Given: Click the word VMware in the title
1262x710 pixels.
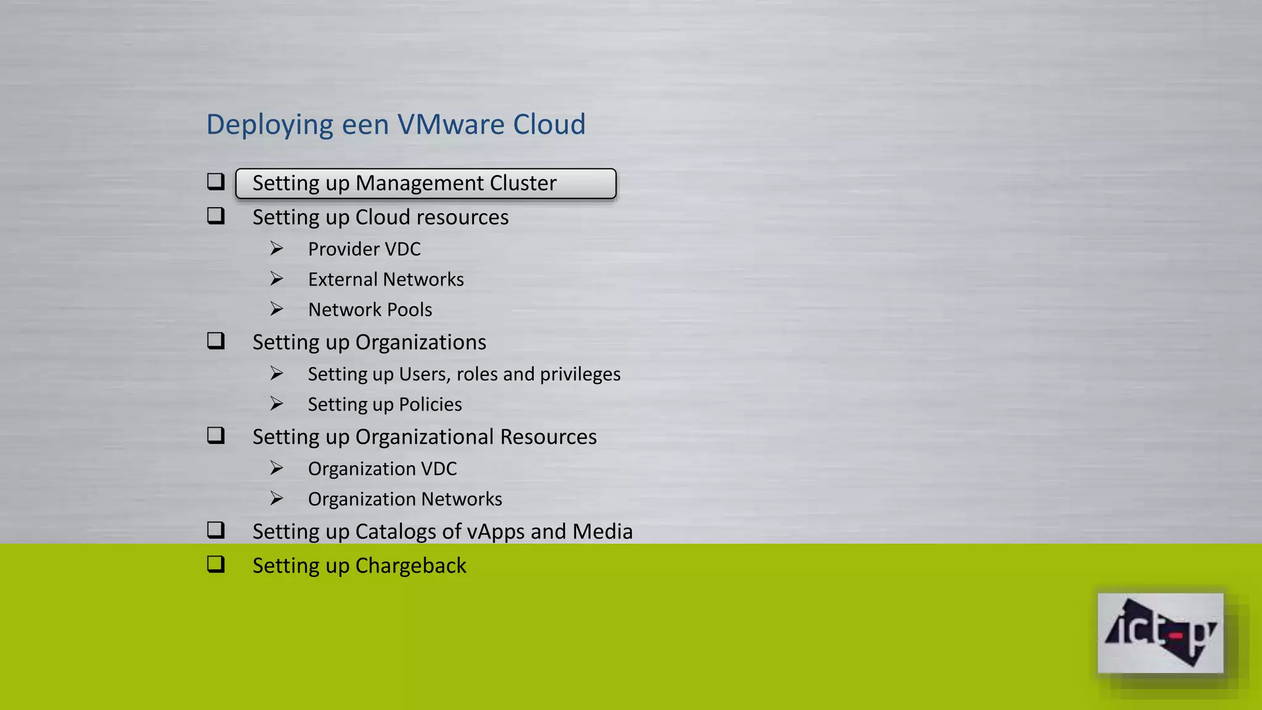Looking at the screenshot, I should click(451, 124).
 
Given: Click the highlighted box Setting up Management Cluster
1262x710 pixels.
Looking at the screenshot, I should click(425, 184).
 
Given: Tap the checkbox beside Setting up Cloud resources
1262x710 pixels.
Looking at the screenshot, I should click(216, 216).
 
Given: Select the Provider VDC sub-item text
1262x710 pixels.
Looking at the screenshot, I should click(364, 249).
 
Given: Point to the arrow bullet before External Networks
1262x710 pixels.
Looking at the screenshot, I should click(277, 279).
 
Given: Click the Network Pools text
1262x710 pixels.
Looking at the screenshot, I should click(370, 309).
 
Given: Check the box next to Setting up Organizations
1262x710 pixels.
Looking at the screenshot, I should click(216, 341).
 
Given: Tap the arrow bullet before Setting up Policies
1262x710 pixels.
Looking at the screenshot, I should click(277, 404).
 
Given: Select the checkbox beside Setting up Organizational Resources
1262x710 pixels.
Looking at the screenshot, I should click(216, 436).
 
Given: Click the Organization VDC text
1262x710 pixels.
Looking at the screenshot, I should click(382, 469).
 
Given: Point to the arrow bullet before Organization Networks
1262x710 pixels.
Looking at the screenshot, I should click(277, 499).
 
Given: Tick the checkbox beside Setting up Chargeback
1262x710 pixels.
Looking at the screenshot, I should click(216, 565).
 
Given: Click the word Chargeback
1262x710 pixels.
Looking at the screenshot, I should click(410, 566).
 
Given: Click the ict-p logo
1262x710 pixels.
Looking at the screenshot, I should click(1160, 633).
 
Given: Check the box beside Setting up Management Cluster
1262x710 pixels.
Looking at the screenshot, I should click(216, 182).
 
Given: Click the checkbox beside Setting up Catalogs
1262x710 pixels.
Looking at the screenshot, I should click(216, 530).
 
